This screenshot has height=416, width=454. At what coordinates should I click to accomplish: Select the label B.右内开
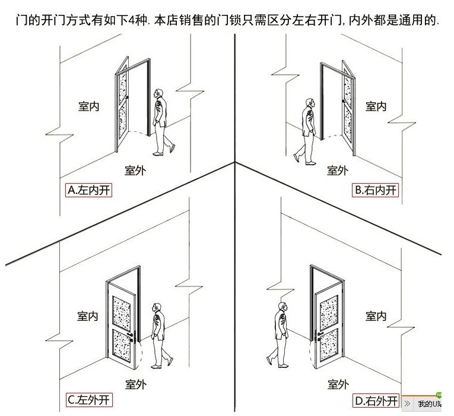[x=376, y=190]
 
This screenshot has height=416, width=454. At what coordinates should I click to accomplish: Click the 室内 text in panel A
[x=88, y=106]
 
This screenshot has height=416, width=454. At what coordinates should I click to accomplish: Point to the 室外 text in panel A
[x=135, y=171]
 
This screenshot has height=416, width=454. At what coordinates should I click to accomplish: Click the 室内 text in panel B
[x=376, y=106]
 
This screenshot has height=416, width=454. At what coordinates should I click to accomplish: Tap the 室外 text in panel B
[x=337, y=171]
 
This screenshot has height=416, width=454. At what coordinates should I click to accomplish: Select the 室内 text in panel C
[x=87, y=316]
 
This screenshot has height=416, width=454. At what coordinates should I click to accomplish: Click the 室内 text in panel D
[x=376, y=316]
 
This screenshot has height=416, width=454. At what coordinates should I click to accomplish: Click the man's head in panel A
[x=158, y=94]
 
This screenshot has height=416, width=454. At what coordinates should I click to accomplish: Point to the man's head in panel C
[x=157, y=308]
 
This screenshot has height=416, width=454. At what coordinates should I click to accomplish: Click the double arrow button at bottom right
[x=407, y=403]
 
